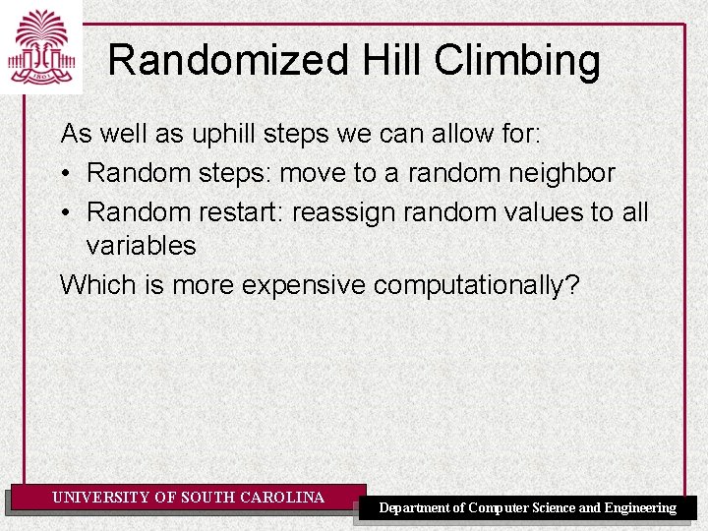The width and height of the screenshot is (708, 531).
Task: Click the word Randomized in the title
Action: point(228,61)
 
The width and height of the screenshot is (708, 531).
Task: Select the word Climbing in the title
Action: point(517,61)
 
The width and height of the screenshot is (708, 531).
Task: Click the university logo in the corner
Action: point(41,47)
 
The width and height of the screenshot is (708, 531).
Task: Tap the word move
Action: point(314,173)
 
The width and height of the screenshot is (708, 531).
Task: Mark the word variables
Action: point(141,246)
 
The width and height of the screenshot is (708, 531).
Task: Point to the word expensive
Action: point(303,285)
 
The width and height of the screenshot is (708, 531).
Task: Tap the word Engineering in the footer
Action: point(639,507)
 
